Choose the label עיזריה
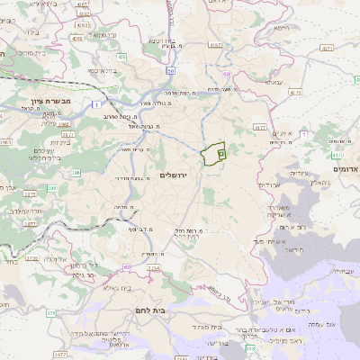[297, 172]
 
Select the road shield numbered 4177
[260, 128]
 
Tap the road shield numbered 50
[171, 70]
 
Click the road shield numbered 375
[50, 313]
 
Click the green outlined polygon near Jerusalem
[213, 155]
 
